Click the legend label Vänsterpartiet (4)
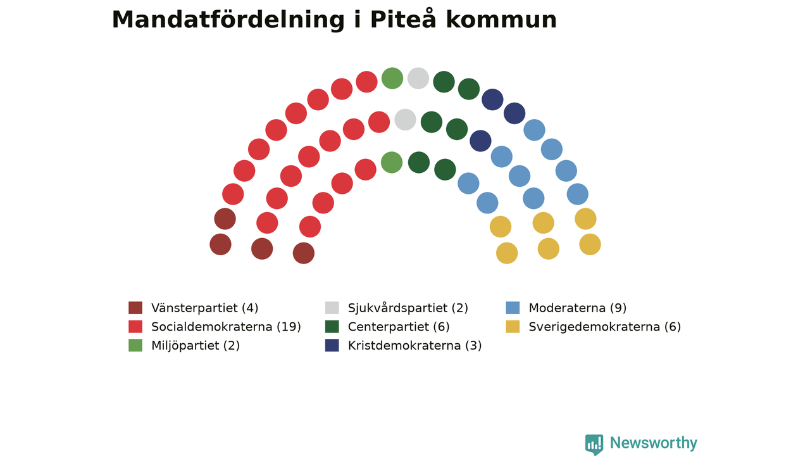click(204, 308)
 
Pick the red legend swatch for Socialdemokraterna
click(135, 326)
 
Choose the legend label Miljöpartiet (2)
click(196, 346)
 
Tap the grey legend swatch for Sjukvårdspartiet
click(332, 308)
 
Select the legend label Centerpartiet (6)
click(399, 327)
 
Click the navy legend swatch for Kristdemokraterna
click(332, 345)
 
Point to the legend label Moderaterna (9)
click(578, 308)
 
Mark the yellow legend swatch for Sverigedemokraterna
click(513, 326)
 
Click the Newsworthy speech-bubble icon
click(594, 445)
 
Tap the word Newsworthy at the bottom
click(654, 443)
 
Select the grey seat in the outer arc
click(418, 78)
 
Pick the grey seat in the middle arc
click(406, 120)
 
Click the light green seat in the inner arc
click(392, 163)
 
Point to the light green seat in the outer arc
click(392, 78)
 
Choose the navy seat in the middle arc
click(480, 141)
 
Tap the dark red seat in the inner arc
click(304, 253)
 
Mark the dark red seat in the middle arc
click(262, 249)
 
